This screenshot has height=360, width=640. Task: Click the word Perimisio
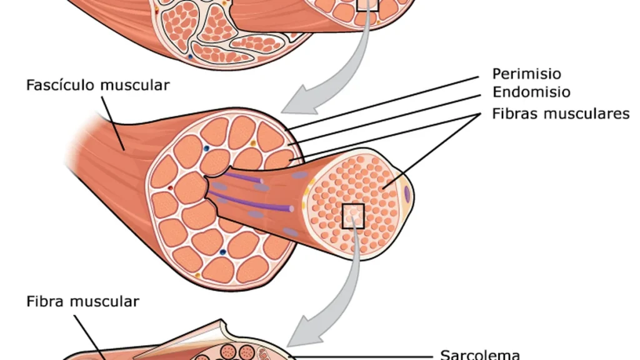coord(526,74)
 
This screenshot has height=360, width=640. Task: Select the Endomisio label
coord(531,92)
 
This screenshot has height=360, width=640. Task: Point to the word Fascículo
coord(61,85)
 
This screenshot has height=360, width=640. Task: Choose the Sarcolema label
coord(480,354)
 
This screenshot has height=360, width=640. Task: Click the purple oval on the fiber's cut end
coord(407,194)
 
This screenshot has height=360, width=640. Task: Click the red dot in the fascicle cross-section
coord(170,187)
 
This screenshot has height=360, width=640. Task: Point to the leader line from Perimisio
coord(383,103)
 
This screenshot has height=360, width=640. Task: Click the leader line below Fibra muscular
coord(90,337)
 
